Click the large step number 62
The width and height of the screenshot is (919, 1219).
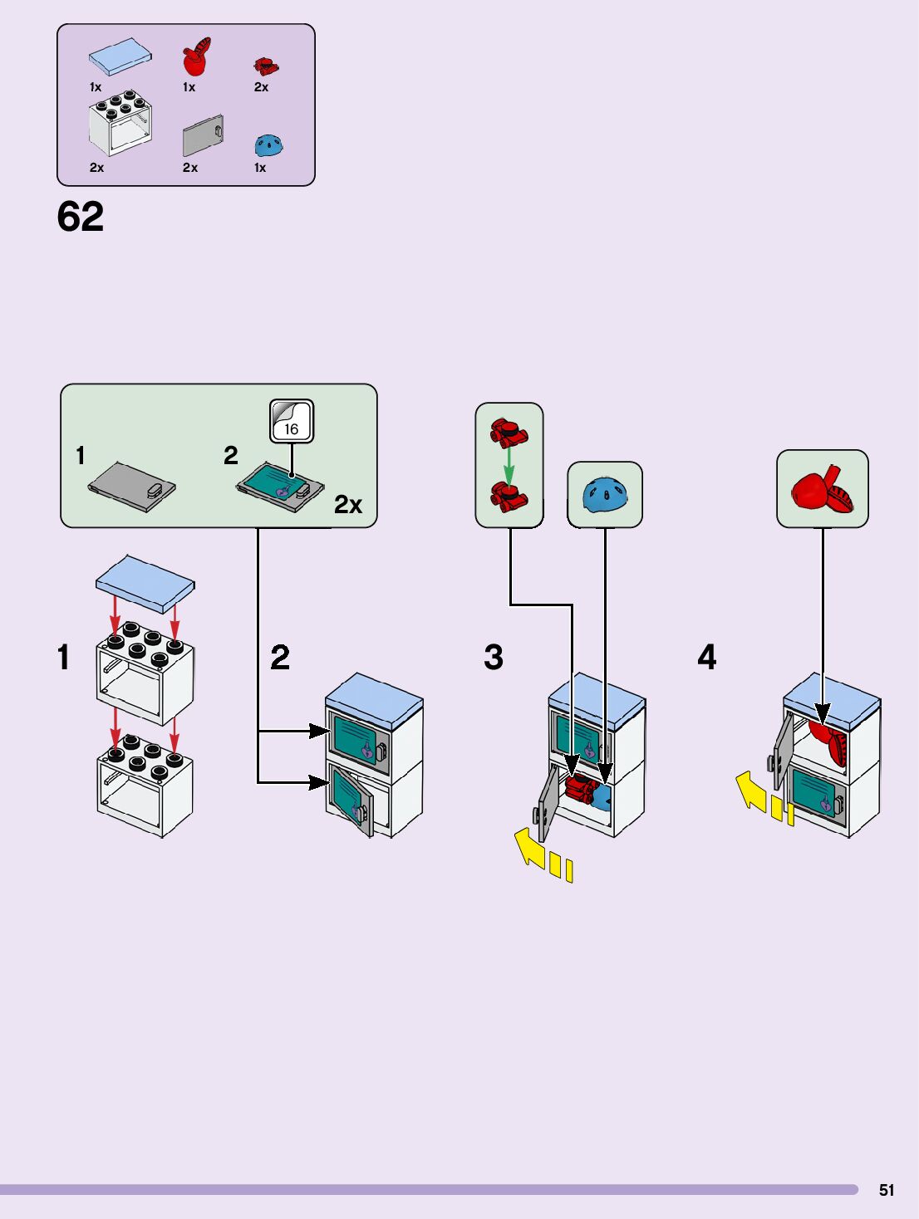tap(81, 217)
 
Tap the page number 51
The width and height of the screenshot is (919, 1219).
tap(887, 1190)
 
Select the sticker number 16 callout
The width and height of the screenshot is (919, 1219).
tap(291, 422)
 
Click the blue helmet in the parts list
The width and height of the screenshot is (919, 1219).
tap(268, 145)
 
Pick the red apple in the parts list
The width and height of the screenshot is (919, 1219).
tap(196, 57)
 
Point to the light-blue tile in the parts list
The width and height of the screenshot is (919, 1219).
tap(120, 56)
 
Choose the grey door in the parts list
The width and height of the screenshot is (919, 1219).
tap(203, 135)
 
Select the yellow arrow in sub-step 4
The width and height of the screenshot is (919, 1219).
tap(752, 791)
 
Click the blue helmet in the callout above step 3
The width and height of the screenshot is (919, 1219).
tap(606, 495)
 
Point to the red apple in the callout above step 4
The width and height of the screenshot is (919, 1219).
tap(822, 489)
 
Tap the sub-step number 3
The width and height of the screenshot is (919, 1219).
tap(494, 657)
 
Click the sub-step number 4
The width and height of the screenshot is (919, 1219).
tap(706, 657)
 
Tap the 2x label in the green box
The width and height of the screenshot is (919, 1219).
tap(348, 505)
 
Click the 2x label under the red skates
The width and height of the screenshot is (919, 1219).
tap(261, 87)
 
